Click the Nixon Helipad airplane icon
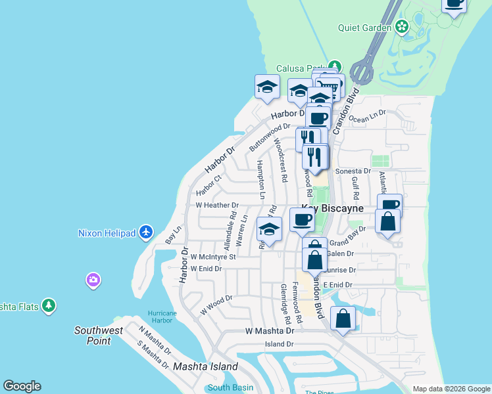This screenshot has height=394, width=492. (x=146, y=232)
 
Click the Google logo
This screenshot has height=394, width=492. (x=22, y=386)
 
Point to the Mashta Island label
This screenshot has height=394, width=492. (x=196, y=366)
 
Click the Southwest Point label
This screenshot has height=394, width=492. (x=98, y=336)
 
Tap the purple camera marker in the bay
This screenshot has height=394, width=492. (x=93, y=280)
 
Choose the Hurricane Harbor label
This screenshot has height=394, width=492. (x=160, y=316)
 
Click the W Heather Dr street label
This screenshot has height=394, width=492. (x=216, y=206)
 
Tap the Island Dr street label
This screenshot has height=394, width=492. (x=279, y=344)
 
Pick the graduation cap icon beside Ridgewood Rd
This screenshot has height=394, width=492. (x=268, y=229)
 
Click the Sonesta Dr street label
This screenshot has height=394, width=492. (x=354, y=171)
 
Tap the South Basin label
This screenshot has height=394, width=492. (x=230, y=387)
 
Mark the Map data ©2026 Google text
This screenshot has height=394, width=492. (x=451, y=389)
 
